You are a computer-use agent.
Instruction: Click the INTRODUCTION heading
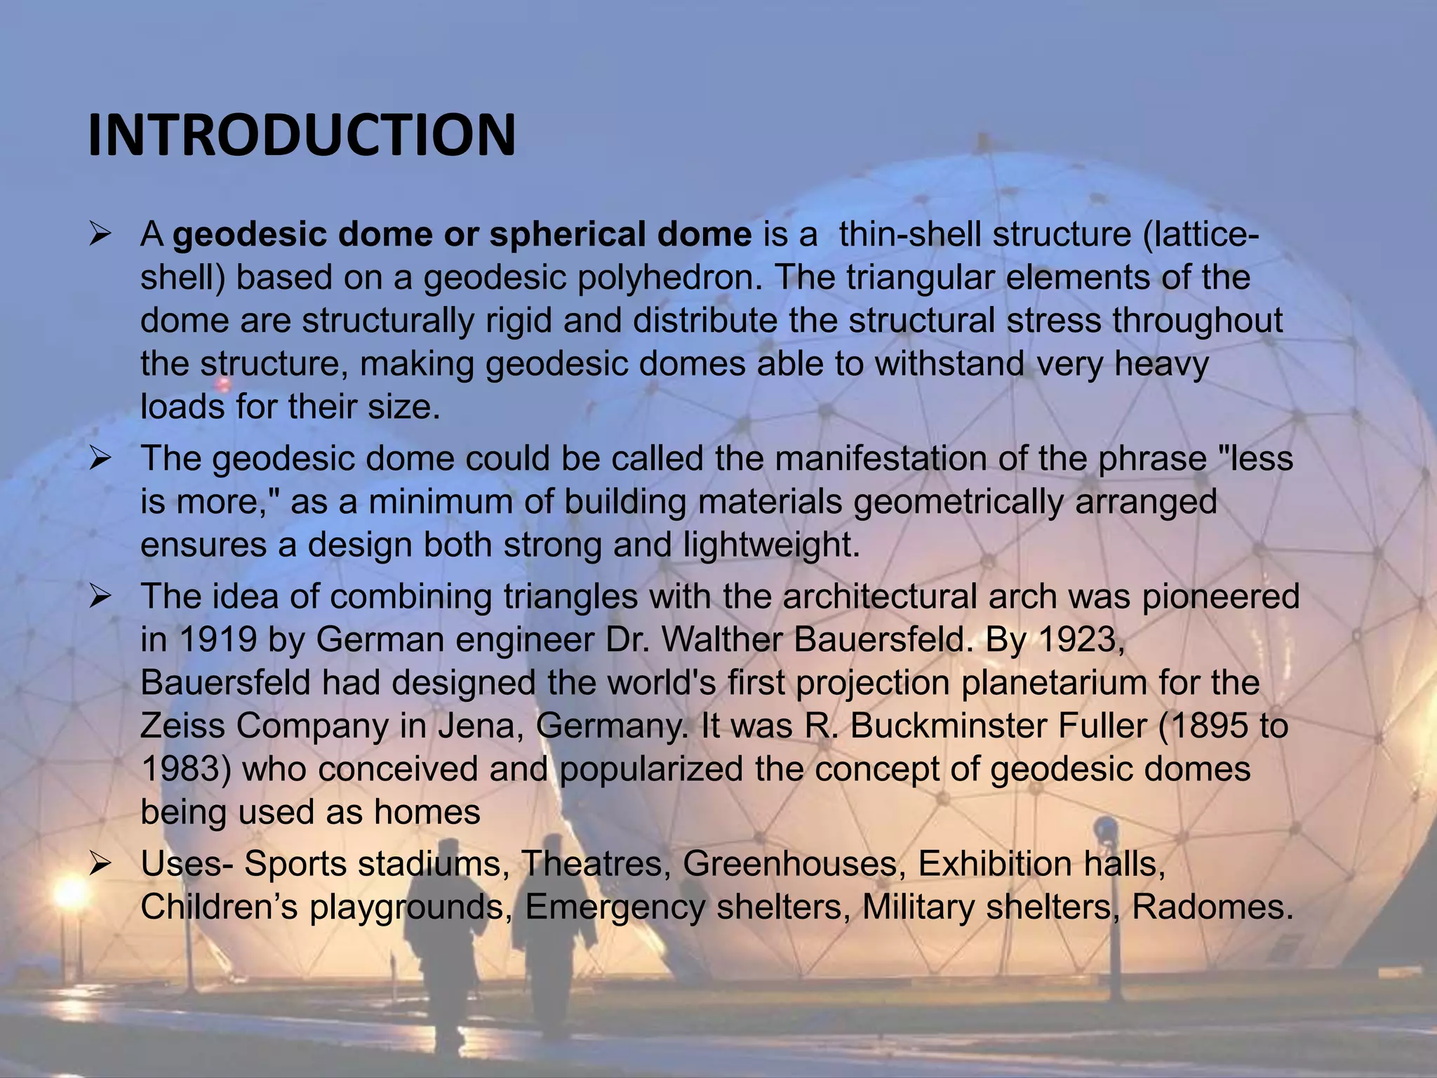click(x=302, y=135)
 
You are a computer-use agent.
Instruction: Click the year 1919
click(x=218, y=639)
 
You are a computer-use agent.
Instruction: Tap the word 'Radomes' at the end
click(x=1211, y=907)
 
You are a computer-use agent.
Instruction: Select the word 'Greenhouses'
click(x=790, y=863)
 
